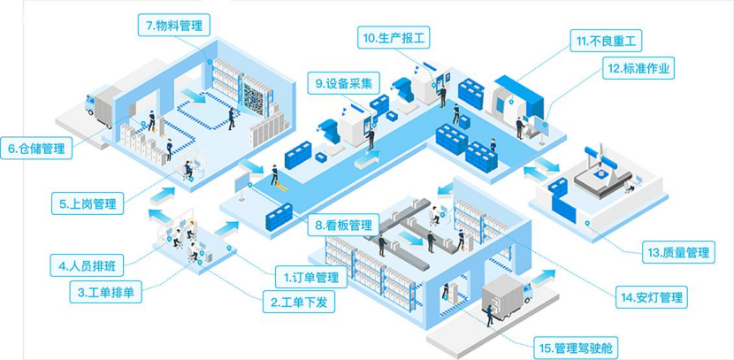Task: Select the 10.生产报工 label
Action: [x=395, y=38]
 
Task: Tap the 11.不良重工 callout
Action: [x=608, y=41]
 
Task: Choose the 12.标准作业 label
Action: [x=638, y=67]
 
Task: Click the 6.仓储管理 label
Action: [x=36, y=149]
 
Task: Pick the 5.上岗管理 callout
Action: [x=88, y=204]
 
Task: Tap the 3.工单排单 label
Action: [x=105, y=291]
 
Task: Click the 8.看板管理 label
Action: [x=343, y=225]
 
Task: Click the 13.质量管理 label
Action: [x=677, y=253]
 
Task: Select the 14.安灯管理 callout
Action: [x=653, y=297]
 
